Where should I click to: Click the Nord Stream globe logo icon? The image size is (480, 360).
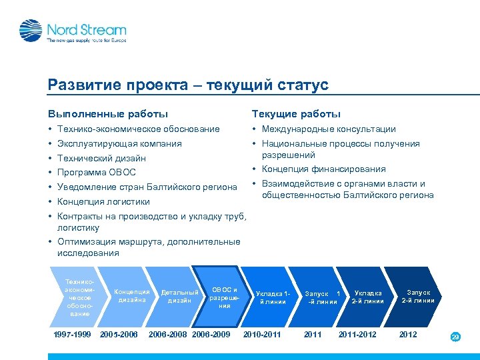[31, 31]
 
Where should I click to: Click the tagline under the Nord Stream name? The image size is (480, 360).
[86, 40]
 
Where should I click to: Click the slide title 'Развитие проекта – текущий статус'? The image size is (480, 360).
[188, 85]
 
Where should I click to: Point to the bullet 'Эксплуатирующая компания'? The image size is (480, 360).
[119, 143]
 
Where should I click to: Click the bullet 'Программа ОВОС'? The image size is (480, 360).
[97, 173]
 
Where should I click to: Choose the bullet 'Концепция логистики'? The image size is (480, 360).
[103, 201]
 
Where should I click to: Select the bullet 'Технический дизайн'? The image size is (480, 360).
[101, 158]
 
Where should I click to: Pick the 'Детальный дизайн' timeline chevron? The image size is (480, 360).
[179, 296]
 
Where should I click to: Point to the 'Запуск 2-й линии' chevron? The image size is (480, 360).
[419, 296]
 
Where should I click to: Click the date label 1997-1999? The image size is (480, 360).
[72, 334]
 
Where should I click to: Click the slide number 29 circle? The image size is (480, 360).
[455, 337]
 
